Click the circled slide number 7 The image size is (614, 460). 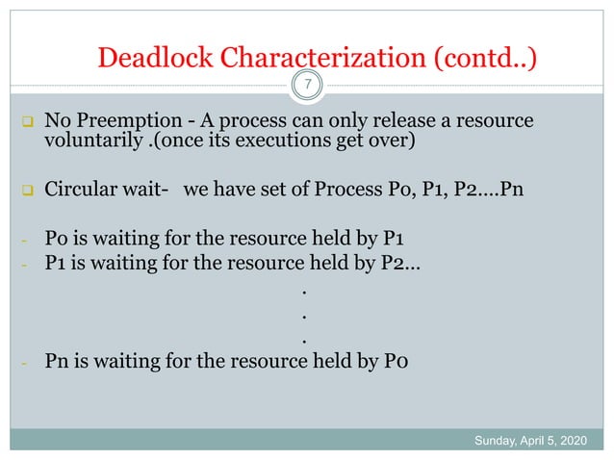(307, 88)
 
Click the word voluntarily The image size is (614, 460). (90, 145)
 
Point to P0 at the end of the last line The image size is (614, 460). (397, 363)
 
